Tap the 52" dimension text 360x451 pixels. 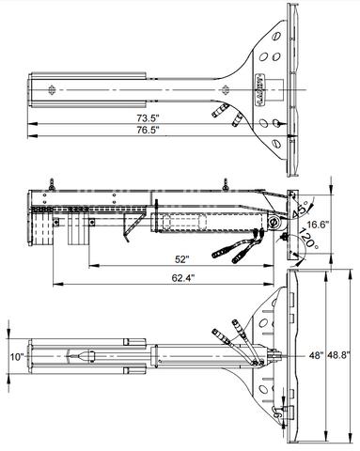(180, 259)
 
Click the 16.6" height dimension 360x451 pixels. (318, 225)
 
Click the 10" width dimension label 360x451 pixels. (17, 357)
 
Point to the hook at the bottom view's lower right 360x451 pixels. (277, 410)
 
